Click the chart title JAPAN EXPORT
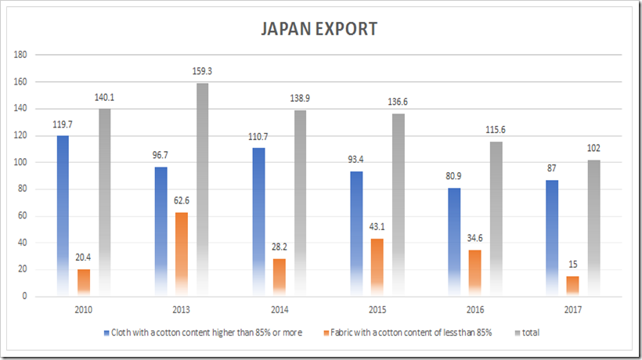pos(319,30)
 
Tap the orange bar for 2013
pos(181,254)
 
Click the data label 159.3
pos(203,71)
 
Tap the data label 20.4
pos(83,257)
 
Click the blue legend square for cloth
pos(106,333)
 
